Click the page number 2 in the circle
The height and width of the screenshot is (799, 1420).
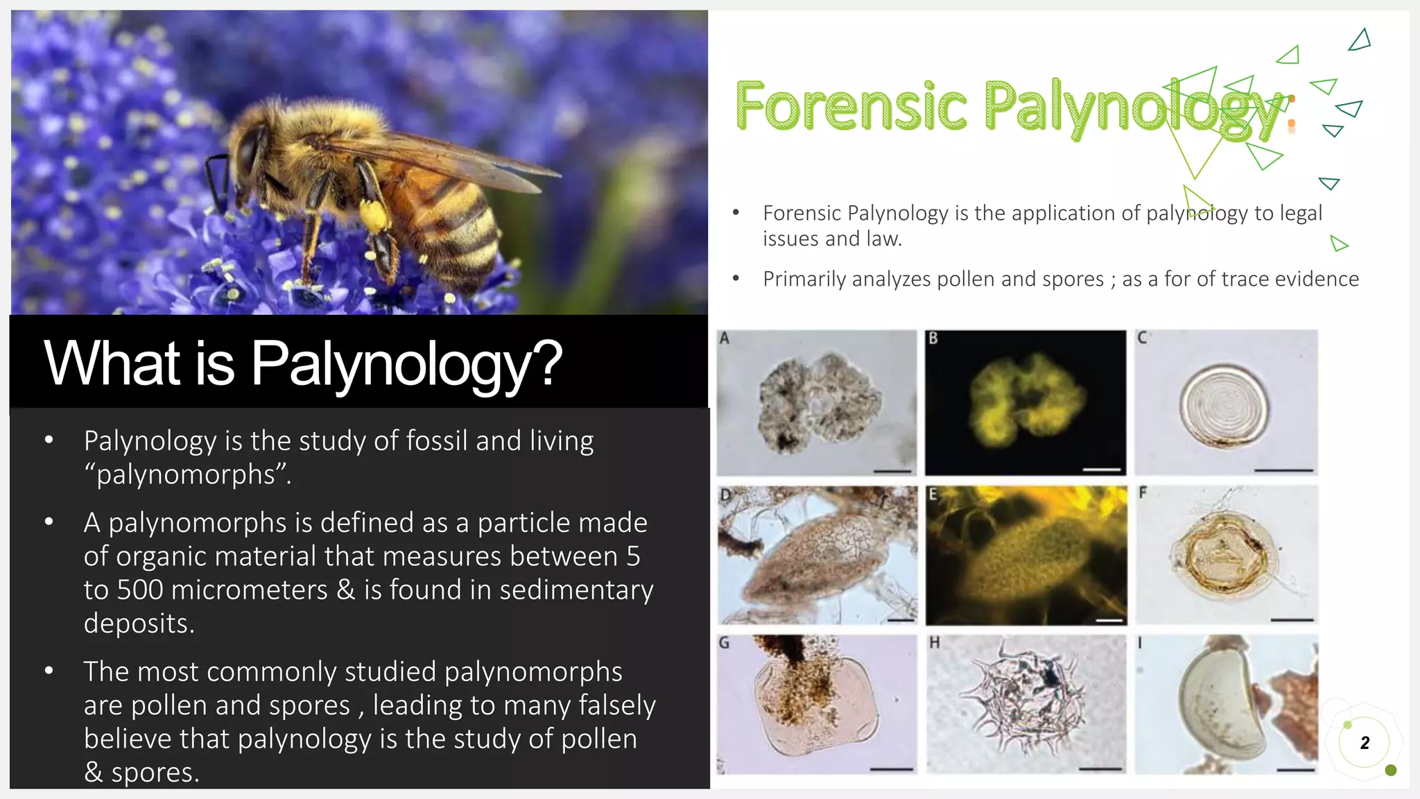click(1365, 743)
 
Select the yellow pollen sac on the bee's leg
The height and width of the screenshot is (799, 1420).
click(373, 216)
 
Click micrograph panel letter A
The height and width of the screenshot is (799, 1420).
click(725, 338)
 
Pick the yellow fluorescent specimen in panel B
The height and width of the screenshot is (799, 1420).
click(1024, 399)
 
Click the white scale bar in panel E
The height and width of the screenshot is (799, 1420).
click(1109, 620)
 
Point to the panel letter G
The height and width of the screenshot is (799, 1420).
click(724, 643)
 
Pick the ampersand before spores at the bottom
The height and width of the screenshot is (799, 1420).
click(93, 773)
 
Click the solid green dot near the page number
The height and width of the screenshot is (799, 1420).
click(1390, 770)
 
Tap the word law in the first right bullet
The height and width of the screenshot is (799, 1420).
click(883, 239)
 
